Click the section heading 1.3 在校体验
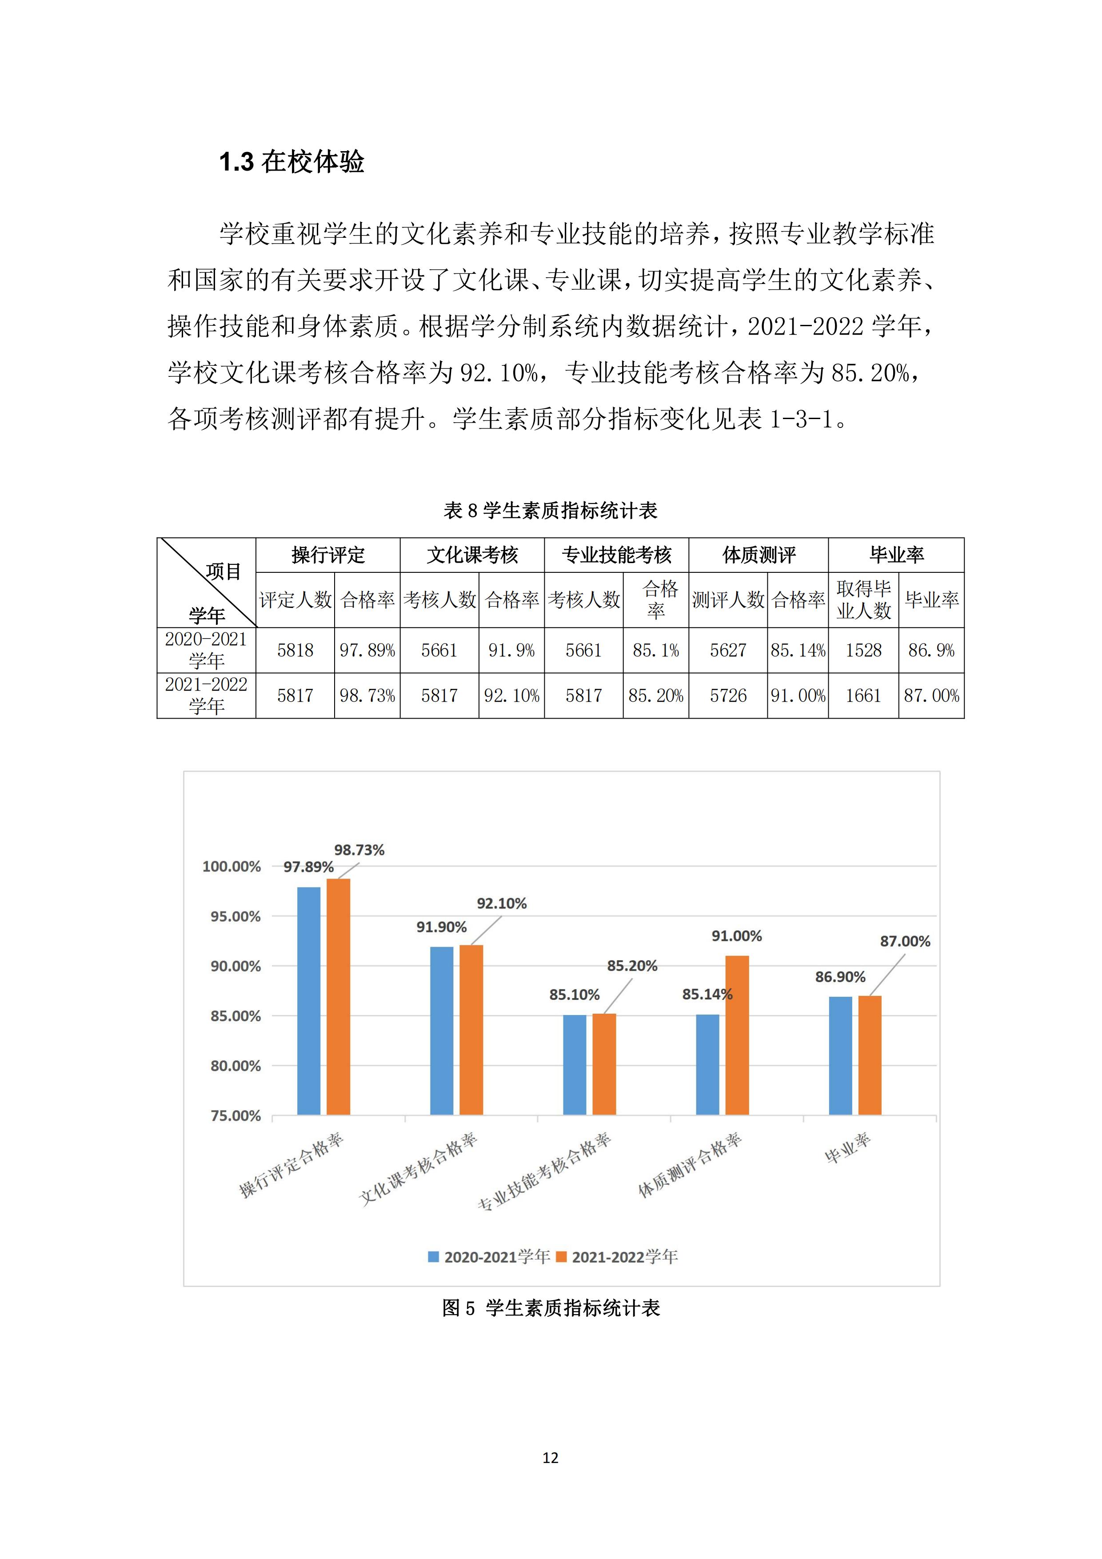(291, 162)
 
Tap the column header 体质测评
(759, 555)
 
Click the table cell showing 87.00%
(931, 696)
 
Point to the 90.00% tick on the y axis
(235, 966)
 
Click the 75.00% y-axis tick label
(235, 1115)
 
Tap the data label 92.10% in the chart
(501, 903)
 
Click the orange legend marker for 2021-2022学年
(561, 1257)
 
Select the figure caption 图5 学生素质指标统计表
(550, 1308)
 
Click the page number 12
(551, 1457)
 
